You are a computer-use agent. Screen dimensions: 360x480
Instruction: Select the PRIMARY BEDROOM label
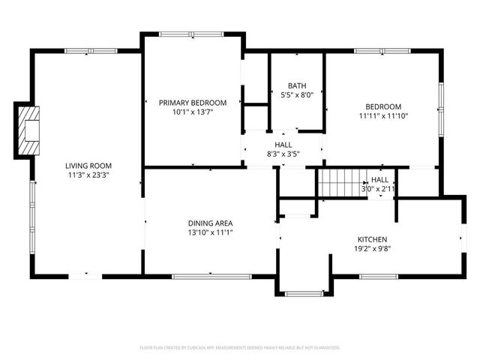(193, 103)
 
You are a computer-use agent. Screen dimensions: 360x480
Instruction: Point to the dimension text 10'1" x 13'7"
(193, 113)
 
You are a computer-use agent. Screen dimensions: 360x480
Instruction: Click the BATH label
(296, 85)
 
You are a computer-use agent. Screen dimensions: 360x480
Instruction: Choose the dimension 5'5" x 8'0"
(296, 95)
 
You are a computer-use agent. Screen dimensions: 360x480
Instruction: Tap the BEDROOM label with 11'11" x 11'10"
(383, 106)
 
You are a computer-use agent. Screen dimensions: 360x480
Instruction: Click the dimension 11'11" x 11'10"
(383, 116)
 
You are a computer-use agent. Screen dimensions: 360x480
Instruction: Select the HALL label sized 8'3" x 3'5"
(283, 145)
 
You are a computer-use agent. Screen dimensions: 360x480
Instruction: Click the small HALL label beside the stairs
(380, 180)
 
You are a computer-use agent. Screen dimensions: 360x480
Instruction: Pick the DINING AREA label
(210, 223)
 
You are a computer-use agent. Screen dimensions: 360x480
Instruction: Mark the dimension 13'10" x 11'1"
(210, 233)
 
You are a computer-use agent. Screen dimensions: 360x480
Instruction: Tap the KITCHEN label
(372, 238)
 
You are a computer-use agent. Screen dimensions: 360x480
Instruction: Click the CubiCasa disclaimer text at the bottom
(240, 348)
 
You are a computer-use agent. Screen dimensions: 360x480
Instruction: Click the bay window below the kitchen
(304, 293)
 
